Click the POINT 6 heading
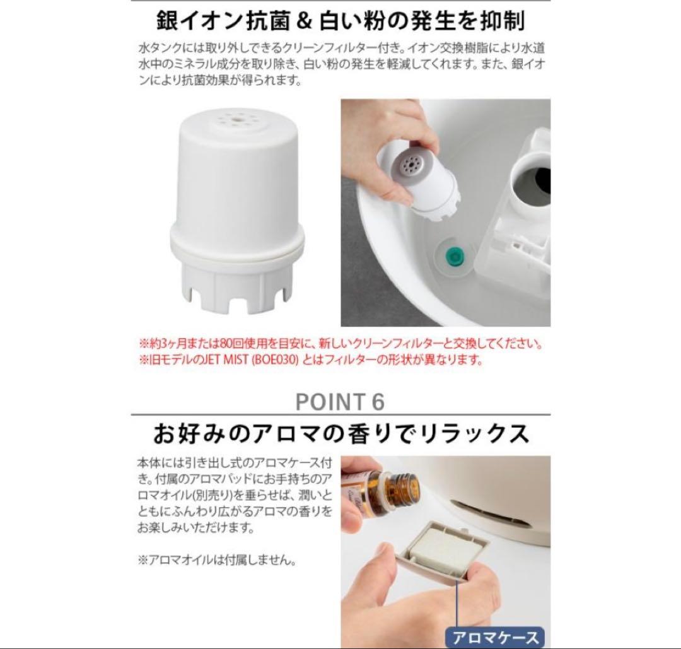(x=340, y=402)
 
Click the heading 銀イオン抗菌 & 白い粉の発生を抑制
(x=340, y=21)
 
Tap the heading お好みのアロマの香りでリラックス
(x=340, y=435)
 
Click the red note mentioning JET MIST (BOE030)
(x=310, y=360)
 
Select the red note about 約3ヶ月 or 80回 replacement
(x=340, y=345)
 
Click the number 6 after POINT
(x=377, y=402)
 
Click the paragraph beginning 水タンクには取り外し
(x=340, y=64)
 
